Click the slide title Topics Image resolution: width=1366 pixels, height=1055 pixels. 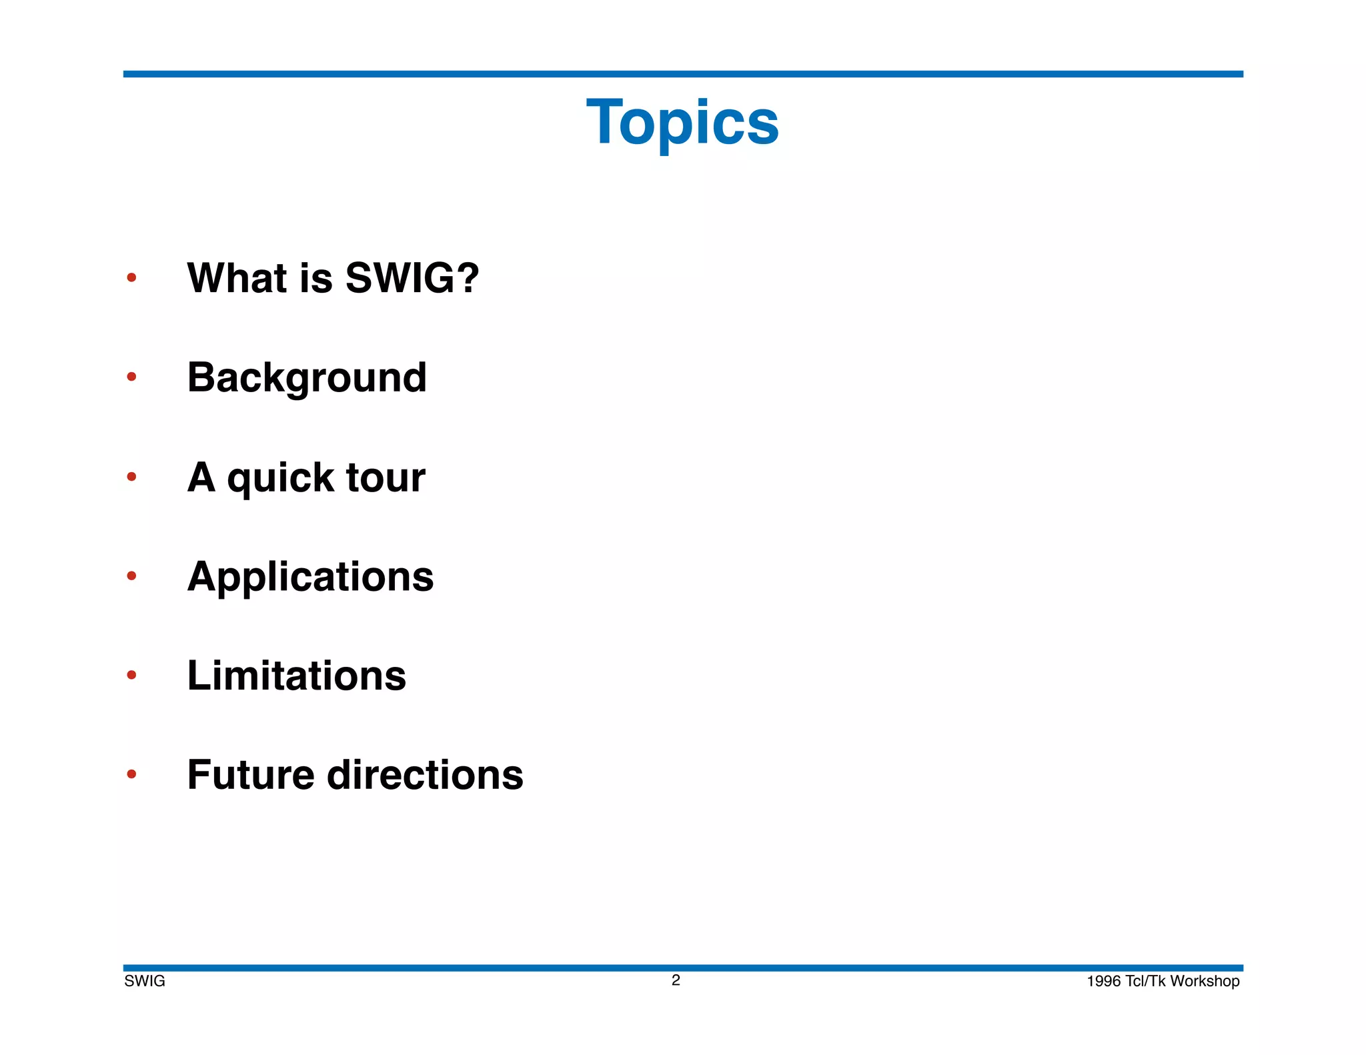682,123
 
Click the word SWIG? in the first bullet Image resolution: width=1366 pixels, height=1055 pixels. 412,277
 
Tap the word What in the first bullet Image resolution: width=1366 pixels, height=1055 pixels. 237,277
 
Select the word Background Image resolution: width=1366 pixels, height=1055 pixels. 307,378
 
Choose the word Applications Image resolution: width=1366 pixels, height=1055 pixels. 310,578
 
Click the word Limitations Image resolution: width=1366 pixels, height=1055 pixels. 296,676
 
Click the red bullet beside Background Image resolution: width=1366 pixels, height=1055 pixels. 131,377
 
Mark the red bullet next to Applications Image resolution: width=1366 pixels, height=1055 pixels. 131,576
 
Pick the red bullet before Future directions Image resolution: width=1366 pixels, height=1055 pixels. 131,774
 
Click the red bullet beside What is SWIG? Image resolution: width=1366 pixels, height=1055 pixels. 131,277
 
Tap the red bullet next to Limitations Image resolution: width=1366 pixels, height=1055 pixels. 131,675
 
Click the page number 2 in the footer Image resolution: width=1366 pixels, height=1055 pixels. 676,980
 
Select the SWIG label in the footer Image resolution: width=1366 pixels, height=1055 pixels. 145,981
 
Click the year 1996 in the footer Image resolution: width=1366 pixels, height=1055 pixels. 1103,981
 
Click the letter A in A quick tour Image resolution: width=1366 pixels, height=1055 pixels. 201,477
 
